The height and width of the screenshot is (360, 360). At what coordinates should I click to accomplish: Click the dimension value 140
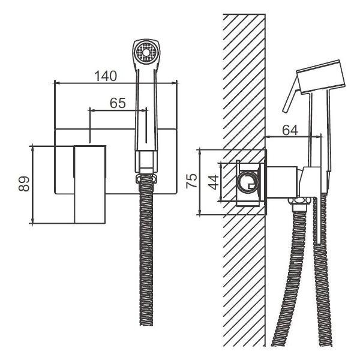[x=106, y=76]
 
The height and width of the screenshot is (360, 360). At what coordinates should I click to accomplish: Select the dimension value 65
[x=118, y=103]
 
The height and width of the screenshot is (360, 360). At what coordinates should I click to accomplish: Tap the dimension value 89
[x=24, y=184]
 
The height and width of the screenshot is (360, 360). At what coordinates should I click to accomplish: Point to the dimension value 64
[x=290, y=130]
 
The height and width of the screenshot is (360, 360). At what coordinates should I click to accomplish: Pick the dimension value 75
[x=191, y=181]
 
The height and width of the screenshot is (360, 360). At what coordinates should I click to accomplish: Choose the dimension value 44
[x=213, y=182]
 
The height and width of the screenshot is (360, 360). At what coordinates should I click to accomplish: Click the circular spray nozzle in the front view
[x=146, y=53]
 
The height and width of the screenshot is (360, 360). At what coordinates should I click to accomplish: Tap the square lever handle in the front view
[x=90, y=184]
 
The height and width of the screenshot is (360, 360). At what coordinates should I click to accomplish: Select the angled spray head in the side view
[x=321, y=77]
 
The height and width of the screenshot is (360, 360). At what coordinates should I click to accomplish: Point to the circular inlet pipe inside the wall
[x=248, y=184]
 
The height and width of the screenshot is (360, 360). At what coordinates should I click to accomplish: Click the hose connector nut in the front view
[x=146, y=179]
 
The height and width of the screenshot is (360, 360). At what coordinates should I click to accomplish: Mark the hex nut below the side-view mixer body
[x=299, y=200]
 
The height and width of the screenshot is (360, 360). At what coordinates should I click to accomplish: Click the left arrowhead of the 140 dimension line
[x=56, y=83]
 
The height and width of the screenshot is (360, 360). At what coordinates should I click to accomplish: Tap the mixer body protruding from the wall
[x=281, y=182]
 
